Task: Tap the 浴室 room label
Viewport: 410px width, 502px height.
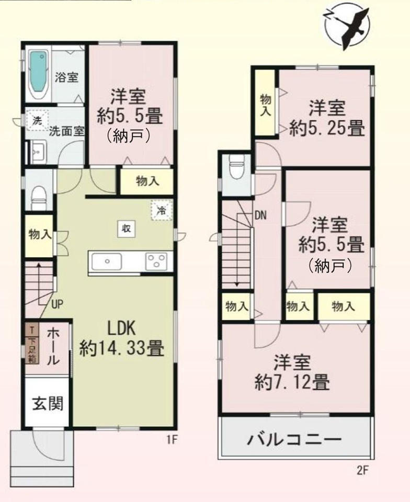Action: (66, 77)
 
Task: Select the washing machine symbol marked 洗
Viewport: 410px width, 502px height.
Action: (38, 120)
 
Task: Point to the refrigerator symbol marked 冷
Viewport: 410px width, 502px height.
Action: (162, 210)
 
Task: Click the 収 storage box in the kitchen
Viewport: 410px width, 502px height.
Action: (127, 229)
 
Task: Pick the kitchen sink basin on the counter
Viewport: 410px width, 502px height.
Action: (107, 261)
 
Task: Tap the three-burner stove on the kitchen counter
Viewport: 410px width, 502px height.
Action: (156, 261)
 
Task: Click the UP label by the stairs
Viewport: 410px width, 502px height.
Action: (57, 304)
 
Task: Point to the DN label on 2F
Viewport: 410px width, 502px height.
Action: (261, 215)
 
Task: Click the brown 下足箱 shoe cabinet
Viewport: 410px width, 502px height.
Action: (32, 344)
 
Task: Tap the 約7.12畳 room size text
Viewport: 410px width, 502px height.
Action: (292, 382)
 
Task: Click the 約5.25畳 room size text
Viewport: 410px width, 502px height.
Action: (327, 128)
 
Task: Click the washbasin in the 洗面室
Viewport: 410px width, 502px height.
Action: (38, 152)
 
